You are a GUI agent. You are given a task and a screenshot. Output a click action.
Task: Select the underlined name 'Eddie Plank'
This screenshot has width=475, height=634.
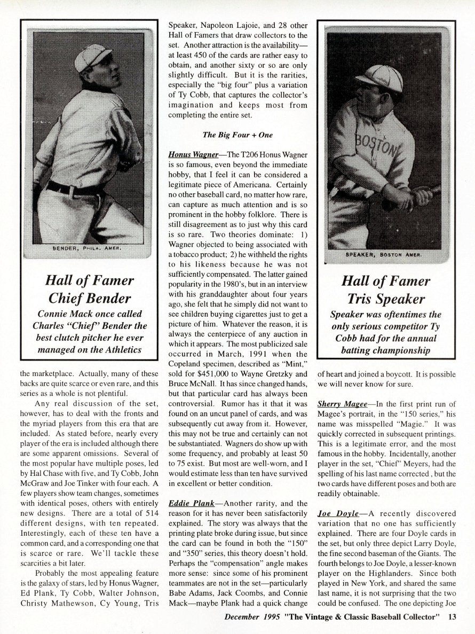pos(189,503)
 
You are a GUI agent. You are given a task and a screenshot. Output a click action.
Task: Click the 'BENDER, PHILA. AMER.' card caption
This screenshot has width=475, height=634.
pos(88,248)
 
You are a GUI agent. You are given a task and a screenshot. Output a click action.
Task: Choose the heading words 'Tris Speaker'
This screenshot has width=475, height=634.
pos(386,299)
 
